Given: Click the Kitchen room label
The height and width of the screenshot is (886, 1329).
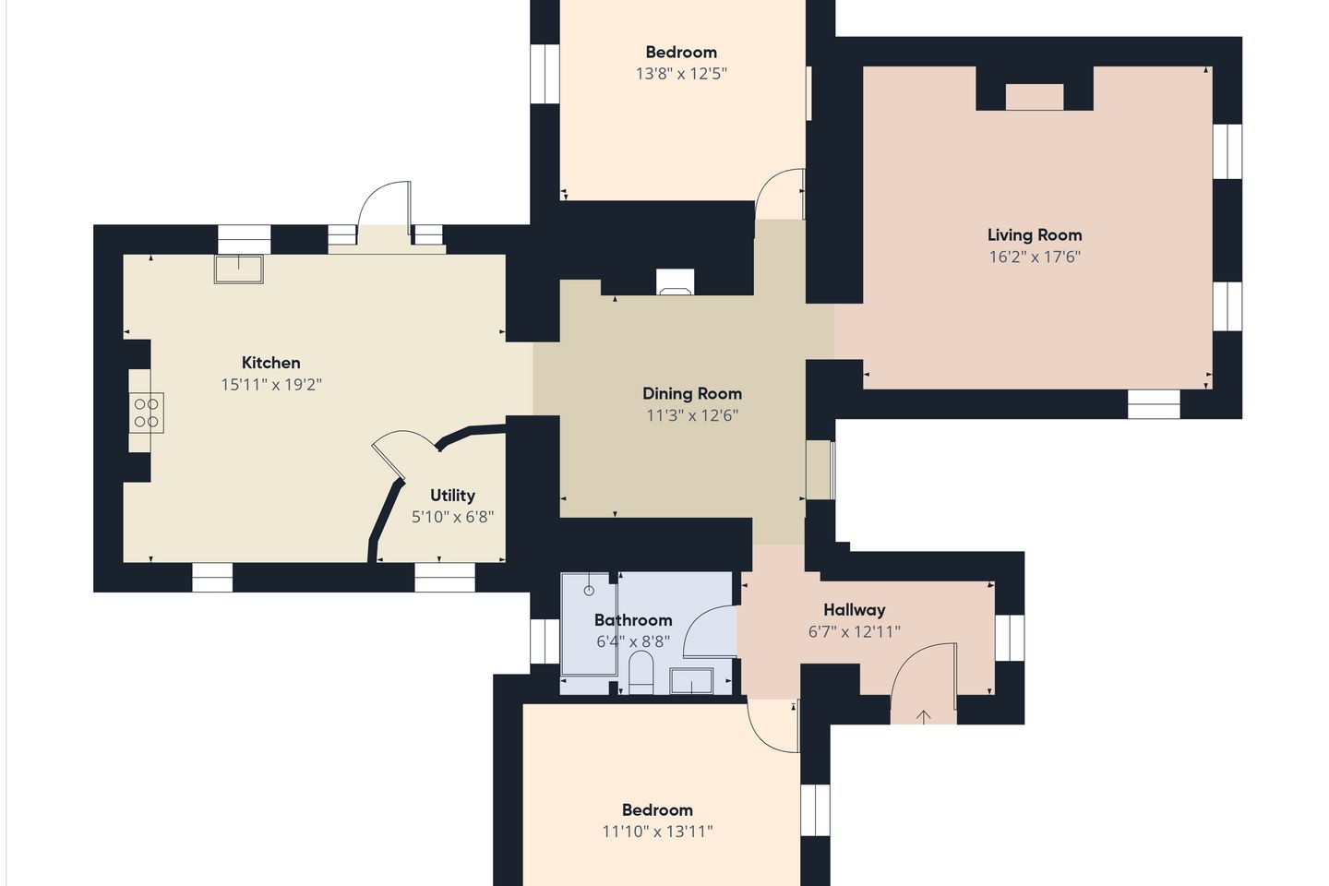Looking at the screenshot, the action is [270, 363].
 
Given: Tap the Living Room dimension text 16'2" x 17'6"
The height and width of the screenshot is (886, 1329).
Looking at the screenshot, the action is [1035, 257].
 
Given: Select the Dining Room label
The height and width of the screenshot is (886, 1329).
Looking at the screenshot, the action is [692, 393].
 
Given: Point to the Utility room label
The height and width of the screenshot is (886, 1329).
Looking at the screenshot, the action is [452, 496].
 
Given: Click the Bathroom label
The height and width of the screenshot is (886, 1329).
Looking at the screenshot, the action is [633, 620].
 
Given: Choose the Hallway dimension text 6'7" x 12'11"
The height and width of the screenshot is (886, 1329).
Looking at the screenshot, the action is [855, 631].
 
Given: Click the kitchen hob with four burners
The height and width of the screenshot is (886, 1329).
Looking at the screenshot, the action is [146, 413].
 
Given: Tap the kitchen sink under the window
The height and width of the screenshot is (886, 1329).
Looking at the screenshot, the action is [238, 269].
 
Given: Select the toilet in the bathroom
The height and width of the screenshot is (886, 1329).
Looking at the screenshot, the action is [641, 673].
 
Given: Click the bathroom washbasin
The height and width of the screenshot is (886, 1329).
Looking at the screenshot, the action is [691, 681].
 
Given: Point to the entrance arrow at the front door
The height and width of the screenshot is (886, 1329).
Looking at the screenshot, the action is [923, 717].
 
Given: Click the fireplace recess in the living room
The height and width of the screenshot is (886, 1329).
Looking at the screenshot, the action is [1034, 97].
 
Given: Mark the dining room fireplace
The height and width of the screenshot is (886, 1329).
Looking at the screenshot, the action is [676, 282].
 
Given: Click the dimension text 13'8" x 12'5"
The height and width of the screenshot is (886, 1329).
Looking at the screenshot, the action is [681, 74].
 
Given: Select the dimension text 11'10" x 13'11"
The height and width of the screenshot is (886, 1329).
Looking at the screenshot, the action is [657, 832].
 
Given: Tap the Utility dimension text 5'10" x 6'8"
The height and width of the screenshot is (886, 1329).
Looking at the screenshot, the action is [452, 517].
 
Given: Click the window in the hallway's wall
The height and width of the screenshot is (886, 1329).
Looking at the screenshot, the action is [1010, 638].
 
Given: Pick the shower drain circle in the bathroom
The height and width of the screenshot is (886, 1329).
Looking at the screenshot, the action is [589, 591].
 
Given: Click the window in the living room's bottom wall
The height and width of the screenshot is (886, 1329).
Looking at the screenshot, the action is [1154, 404].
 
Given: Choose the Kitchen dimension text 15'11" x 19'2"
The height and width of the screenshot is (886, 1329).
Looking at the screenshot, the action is [271, 385].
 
